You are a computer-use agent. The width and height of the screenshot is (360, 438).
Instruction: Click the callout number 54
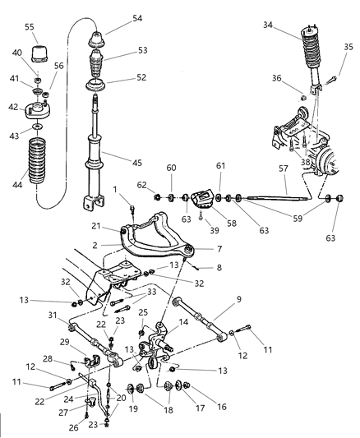(x=136, y=18)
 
